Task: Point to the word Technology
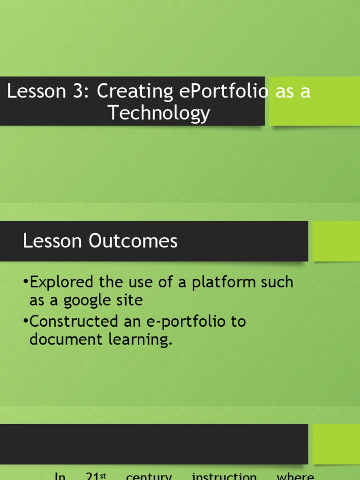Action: [x=159, y=113]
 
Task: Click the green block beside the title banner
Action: [x=314, y=101]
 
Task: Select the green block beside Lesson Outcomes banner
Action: [x=336, y=241]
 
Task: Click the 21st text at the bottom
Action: [x=97, y=476]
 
